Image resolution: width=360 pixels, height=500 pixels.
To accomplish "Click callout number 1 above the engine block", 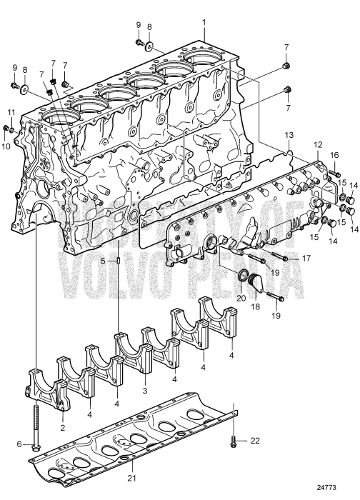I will click(204, 22).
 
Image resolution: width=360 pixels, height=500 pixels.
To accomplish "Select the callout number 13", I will click(289, 134).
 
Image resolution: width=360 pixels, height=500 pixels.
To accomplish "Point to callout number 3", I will click(145, 391).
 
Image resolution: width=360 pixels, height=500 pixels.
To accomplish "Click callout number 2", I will click(62, 428).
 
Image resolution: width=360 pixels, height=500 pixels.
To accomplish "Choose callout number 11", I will click(11, 112).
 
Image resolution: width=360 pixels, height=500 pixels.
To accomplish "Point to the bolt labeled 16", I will click(335, 171).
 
